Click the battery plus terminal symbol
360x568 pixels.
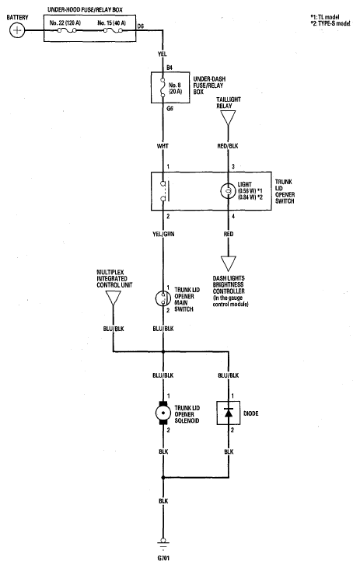[x=16, y=30]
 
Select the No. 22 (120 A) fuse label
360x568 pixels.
[x=65, y=23]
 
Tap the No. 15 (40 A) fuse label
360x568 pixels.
[x=112, y=23]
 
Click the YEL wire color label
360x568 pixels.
[x=162, y=54]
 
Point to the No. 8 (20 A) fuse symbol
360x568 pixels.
[x=163, y=87]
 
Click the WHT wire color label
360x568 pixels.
[x=163, y=146]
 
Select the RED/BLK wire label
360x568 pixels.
[x=228, y=146]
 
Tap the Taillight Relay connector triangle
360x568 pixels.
[x=228, y=118]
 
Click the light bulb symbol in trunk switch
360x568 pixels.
[x=228, y=191]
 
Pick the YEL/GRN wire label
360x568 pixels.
[x=163, y=234]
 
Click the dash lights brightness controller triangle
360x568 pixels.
[x=228, y=263]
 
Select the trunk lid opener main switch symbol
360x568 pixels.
[x=163, y=298]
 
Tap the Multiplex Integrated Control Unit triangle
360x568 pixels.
[x=113, y=298]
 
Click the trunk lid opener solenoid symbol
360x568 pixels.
[x=163, y=413]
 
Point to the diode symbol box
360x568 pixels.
[x=229, y=413]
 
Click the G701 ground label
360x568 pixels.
[x=163, y=558]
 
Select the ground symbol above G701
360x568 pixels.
[x=163, y=544]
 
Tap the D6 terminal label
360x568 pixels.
[x=141, y=26]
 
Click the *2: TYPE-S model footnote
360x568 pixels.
[x=330, y=23]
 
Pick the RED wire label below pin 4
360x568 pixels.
[x=229, y=234]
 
